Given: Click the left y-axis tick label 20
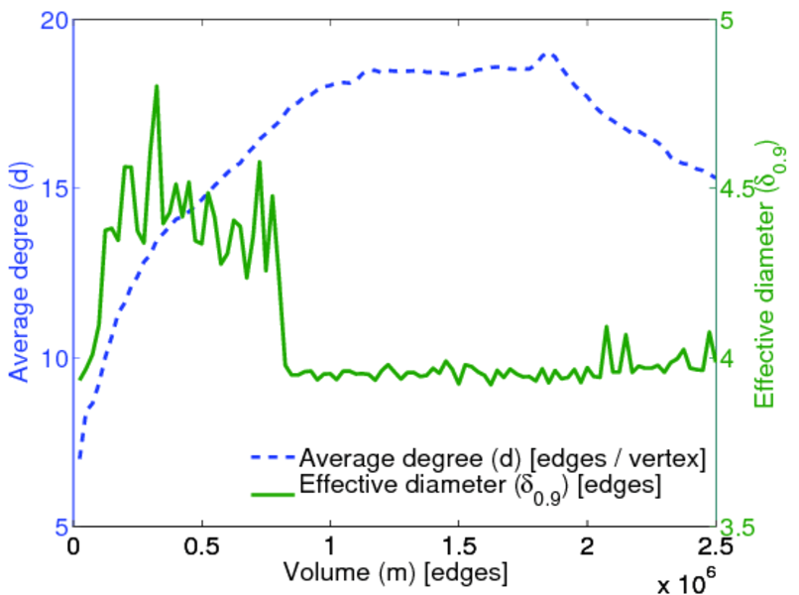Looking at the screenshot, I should [x=52, y=20].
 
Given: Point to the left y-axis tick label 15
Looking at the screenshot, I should [x=52, y=188].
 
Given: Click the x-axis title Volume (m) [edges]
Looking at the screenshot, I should [x=397, y=573].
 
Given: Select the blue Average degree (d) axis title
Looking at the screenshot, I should [x=20, y=273].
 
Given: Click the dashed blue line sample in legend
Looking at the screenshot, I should [x=268, y=458].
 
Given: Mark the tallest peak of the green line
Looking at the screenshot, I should [x=157, y=86].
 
